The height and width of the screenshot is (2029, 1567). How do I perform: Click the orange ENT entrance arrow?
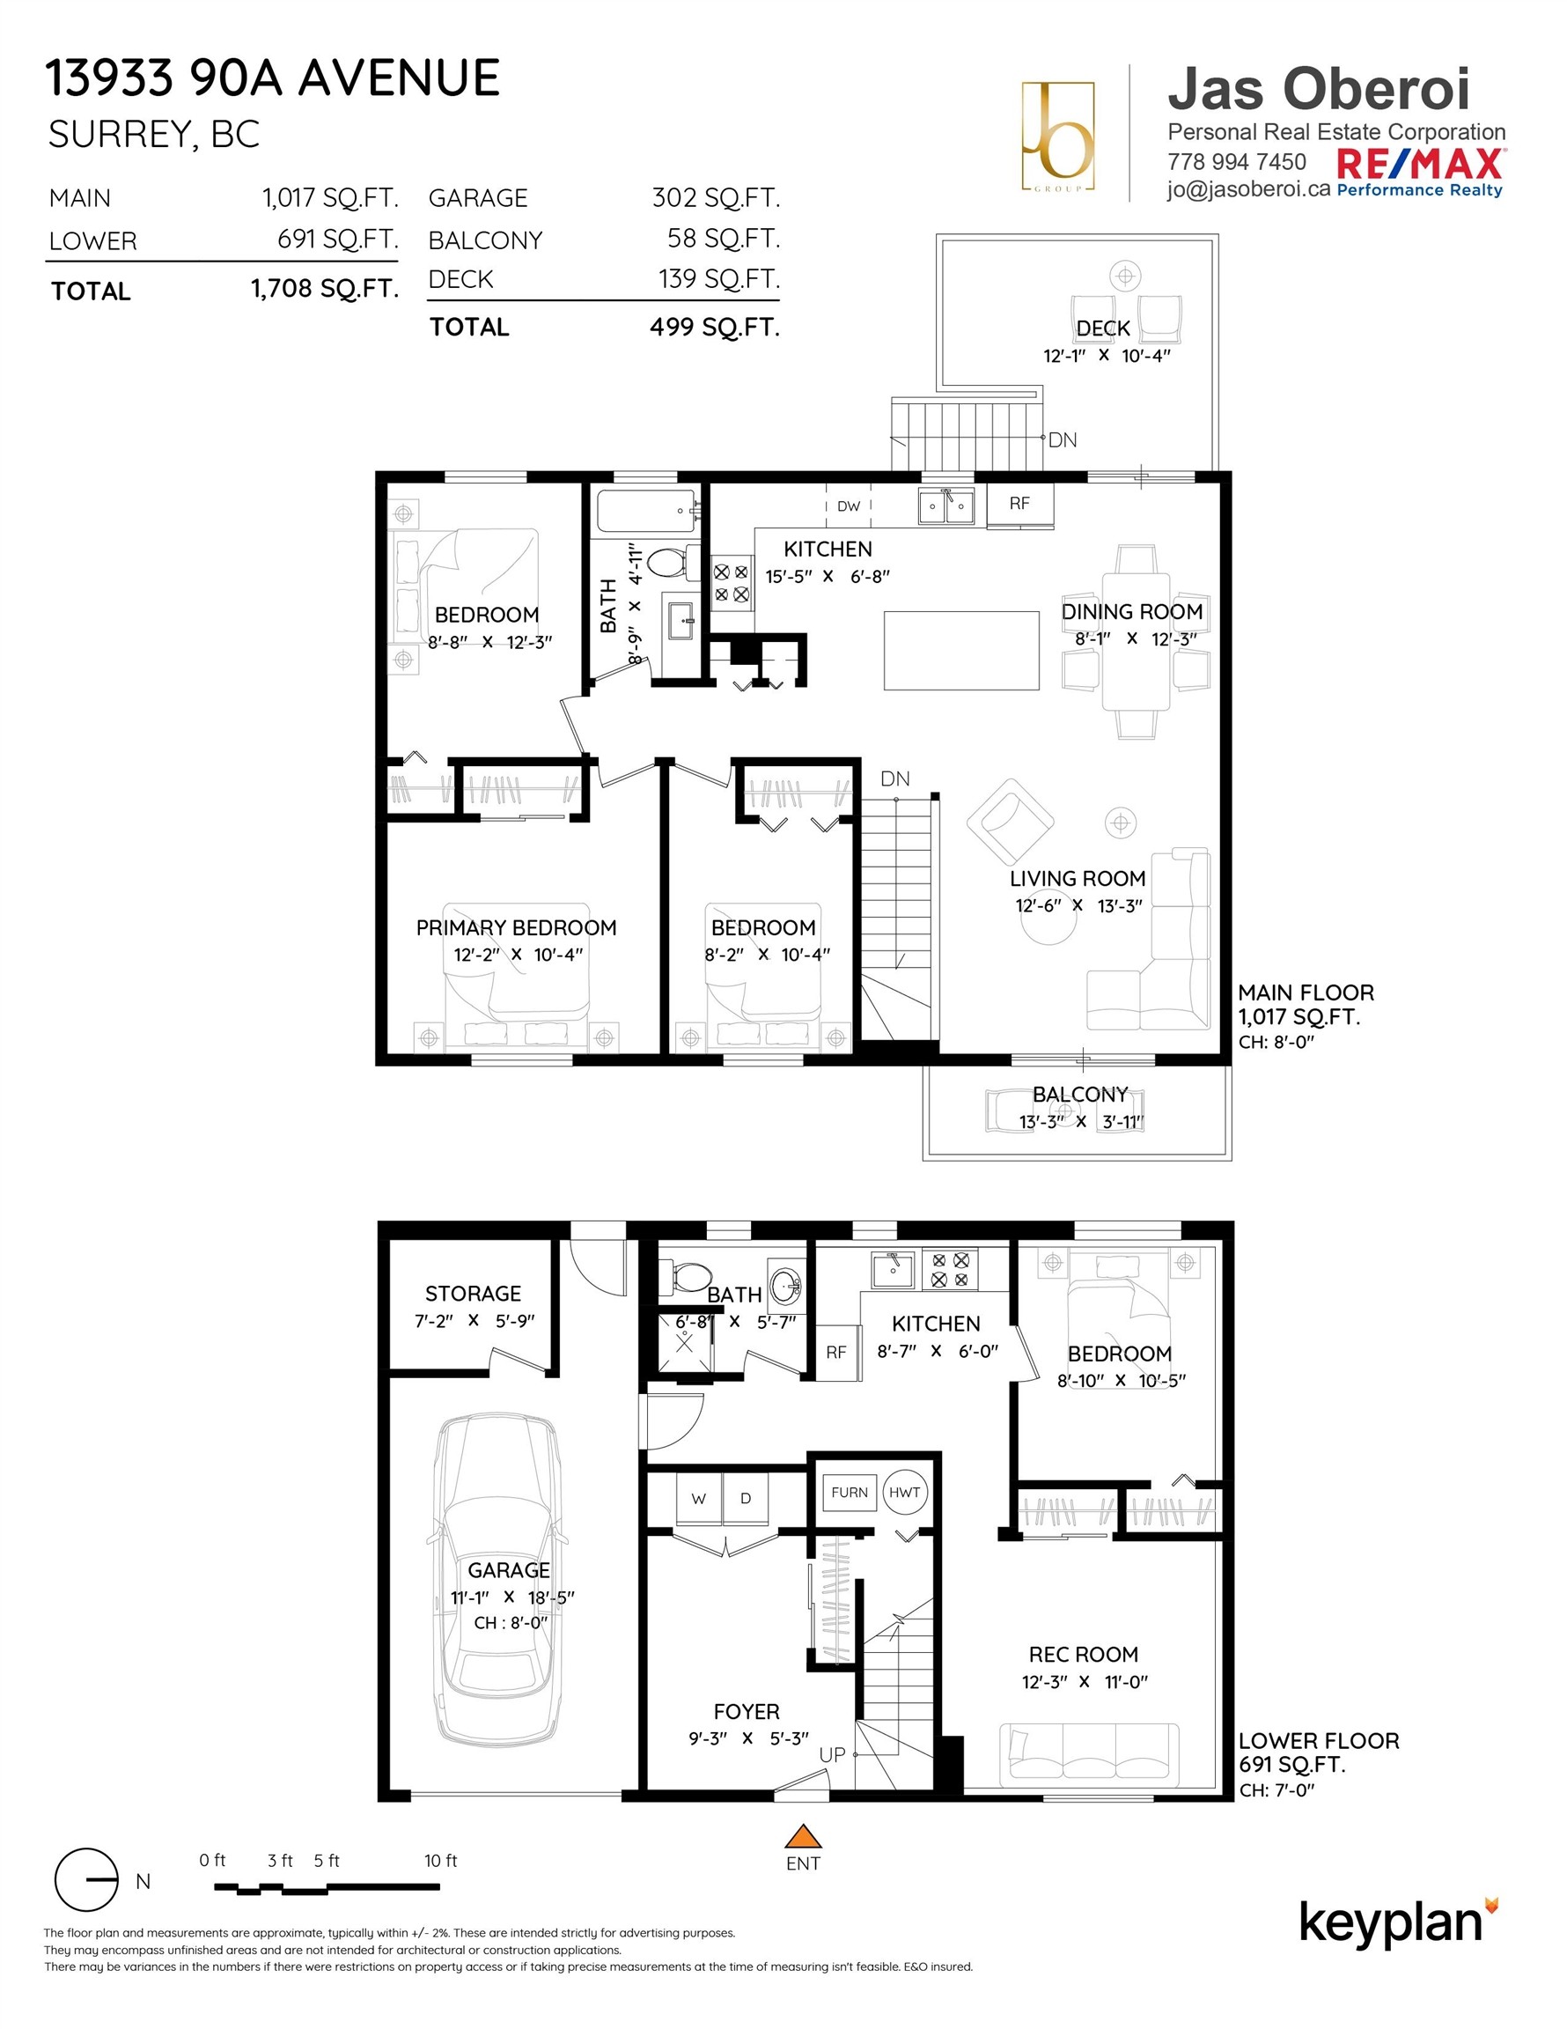point(804,1837)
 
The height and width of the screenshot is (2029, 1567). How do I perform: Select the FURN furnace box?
point(849,1493)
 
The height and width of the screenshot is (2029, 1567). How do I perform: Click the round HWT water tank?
point(905,1493)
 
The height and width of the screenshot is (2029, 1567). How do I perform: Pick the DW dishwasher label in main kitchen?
point(848,506)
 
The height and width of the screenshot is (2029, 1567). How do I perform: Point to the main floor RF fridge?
point(1019,504)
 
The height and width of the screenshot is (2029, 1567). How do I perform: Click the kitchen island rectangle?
point(961,650)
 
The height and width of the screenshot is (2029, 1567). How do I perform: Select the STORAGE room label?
point(473,1293)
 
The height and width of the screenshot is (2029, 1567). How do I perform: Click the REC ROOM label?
point(1083,1655)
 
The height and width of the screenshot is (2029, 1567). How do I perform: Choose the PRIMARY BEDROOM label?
point(516,927)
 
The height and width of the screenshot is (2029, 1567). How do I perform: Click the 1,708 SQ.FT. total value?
point(325,289)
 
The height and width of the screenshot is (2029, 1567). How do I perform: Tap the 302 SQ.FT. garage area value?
point(715,198)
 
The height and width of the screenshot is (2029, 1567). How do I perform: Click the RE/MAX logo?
point(1420,166)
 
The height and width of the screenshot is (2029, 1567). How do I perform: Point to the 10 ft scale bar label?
point(440,1861)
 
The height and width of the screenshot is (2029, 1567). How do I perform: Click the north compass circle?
point(86,1880)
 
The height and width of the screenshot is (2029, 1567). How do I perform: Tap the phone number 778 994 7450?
point(1236,162)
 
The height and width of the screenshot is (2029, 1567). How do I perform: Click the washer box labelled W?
point(698,1499)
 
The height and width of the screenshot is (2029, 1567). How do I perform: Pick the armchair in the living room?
point(1010,822)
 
